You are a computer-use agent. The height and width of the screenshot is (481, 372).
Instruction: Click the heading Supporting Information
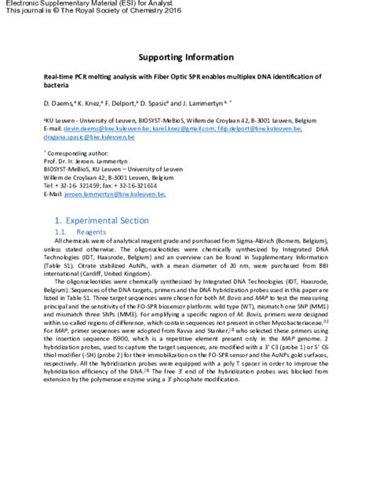tap(186, 57)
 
